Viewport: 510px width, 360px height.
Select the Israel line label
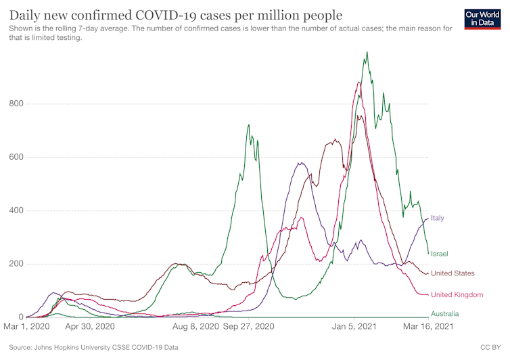coord(440,253)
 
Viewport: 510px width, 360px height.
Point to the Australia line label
coord(444,313)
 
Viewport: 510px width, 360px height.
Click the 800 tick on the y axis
coord(16,104)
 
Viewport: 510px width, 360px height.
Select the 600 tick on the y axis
coord(16,158)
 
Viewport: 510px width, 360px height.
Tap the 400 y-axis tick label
coord(16,210)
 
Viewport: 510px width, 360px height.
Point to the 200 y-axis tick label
coord(16,264)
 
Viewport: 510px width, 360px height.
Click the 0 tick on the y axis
coord(21,317)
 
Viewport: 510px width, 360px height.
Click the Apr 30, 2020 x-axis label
coord(91,326)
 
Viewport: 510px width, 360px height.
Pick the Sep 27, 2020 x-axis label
coord(249,326)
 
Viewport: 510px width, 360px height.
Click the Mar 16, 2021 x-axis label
coord(428,326)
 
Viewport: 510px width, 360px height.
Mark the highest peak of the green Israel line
coord(367,51)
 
